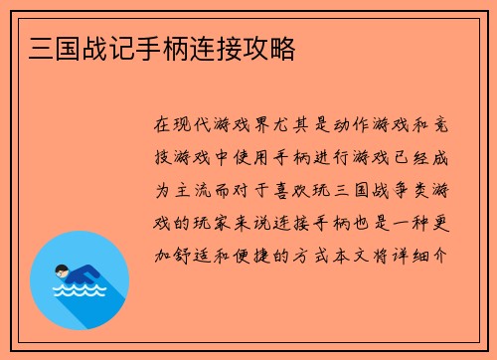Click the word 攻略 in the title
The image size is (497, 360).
coord(267,47)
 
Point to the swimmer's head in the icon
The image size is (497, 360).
coord(61,270)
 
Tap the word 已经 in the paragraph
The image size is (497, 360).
coord(419,158)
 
